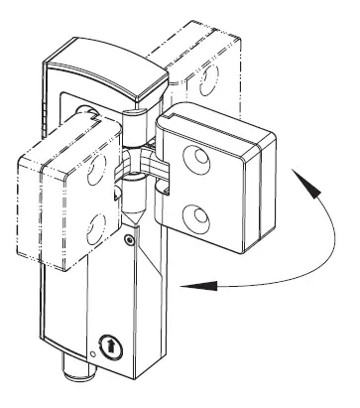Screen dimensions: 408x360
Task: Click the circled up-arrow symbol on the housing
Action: [109, 347]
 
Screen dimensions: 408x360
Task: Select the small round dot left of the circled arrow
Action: [91, 353]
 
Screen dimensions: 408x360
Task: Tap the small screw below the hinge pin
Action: [129, 238]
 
